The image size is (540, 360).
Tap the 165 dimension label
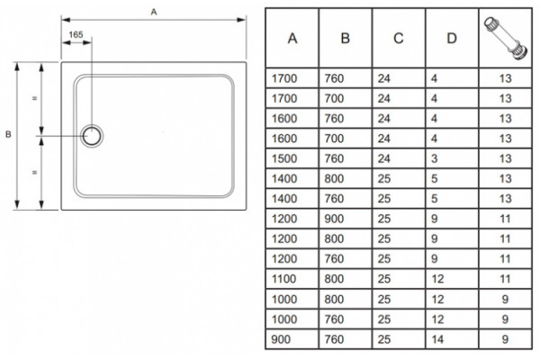click(x=76, y=35)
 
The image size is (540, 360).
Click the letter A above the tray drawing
click(x=154, y=12)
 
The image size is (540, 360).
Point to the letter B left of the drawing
click(x=8, y=134)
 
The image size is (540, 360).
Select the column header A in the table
click(x=292, y=38)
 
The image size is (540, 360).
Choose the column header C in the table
click(x=399, y=38)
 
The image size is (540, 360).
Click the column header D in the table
click(x=452, y=38)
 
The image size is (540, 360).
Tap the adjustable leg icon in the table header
click(x=506, y=37)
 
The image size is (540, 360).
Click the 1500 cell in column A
click(x=284, y=158)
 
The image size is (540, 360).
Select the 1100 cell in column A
click(x=283, y=279)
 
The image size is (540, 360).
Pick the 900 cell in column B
click(x=334, y=219)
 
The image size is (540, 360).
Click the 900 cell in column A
click(x=281, y=339)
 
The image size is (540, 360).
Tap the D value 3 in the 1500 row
click(x=435, y=158)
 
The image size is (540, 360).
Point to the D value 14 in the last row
click(x=437, y=339)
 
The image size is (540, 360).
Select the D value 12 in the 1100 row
click(x=437, y=279)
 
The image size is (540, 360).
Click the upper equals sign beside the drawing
click(x=34, y=98)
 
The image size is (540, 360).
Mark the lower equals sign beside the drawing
click(x=34, y=172)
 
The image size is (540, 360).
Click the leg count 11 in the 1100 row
click(x=505, y=279)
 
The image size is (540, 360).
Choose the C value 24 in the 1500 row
click(x=384, y=158)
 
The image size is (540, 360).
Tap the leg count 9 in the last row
click(x=505, y=339)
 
